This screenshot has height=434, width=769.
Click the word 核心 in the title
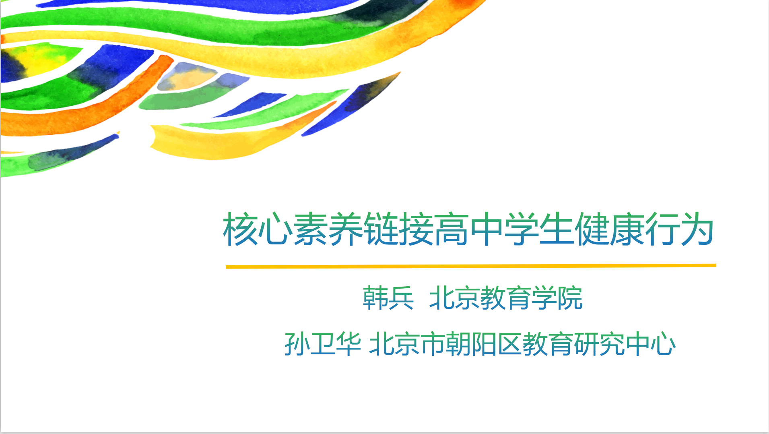coord(258,229)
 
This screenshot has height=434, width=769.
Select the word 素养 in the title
coord(328,229)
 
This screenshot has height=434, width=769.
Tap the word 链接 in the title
coord(398,229)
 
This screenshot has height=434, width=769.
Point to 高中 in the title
coord(468,229)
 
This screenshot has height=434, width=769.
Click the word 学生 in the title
coord(538,229)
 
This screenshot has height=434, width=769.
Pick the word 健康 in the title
coord(608,229)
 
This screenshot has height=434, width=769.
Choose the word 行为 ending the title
coord(679,229)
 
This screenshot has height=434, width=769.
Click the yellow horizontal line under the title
coord(471,266)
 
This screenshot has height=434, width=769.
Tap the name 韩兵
coord(388,298)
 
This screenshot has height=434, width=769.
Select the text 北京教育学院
coord(506,298)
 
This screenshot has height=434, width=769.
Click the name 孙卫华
coord(323,344)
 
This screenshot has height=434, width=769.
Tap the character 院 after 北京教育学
coord(570,298)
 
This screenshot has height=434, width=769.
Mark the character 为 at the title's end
coord(697,229)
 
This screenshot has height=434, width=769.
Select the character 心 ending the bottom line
coord(663,344)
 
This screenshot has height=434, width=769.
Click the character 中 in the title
coord(486,229)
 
